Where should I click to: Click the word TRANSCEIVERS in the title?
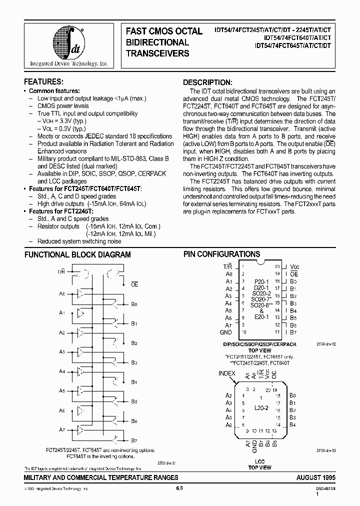click(157, 53)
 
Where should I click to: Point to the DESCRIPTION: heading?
click(207, 82)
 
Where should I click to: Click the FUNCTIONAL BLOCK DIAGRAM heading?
click(77, 254)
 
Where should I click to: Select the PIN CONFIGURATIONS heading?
click(221, 254)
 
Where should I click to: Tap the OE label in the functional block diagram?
click(134, 284)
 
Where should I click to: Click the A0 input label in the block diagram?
click(62, 293)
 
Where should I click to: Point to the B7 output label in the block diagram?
click(134, 440)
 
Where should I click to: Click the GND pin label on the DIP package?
click(225, 332)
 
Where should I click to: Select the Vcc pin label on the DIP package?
click(295, 267)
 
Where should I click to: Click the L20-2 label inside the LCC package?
click(261, 408)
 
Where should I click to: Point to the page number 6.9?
click(179, 488)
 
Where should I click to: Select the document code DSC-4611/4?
click(324, 488)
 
